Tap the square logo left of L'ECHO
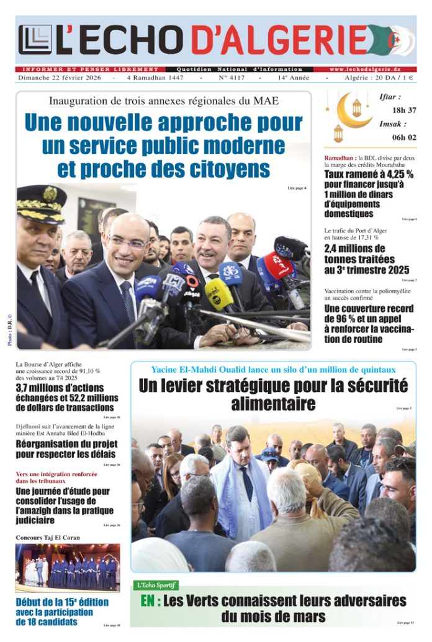tap(35, 40)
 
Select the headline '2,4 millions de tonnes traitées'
tap(366, 259)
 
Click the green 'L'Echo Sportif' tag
tap(156, 585)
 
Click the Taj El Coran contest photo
tap(68, 567)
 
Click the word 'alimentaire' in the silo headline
tap(273, 405)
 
